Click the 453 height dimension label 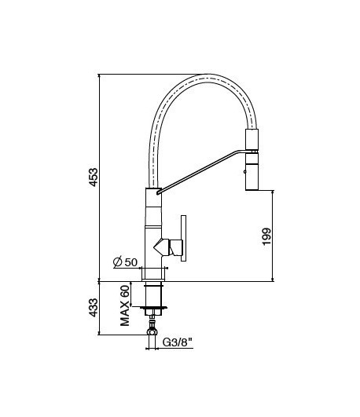coord(93,177)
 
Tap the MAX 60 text coord(125,304)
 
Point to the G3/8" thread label coord(177,342)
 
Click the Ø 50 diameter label coord(125,262)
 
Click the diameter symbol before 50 coord(116,262)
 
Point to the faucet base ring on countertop coord(152,274)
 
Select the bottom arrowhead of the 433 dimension coord(100,335)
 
